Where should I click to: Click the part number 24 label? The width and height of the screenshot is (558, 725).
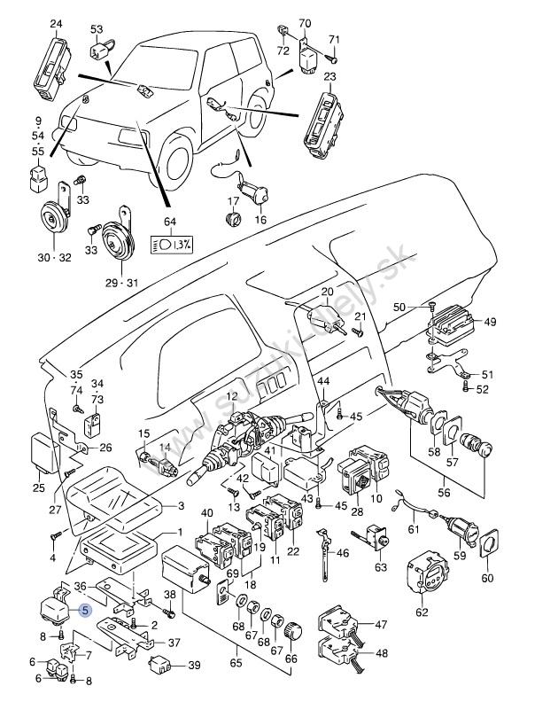(x=57, y=23)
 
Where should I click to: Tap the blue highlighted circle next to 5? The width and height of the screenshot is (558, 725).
(x=85, y=610)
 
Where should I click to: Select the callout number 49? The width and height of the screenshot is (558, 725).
(x=490, y=322)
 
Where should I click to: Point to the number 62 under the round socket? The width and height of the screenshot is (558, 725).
(x=422, y=612)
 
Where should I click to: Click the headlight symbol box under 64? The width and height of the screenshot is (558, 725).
(x=172, y=243)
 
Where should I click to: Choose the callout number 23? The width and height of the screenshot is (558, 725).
(x=329, y=78)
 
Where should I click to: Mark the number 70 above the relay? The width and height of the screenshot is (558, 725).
(x=305, y=23)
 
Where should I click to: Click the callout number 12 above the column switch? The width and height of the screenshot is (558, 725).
(x=232, y=396)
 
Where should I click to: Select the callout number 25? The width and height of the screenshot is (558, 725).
(x=39, y=488)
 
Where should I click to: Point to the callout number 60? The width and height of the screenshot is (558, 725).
(x=487, y=579)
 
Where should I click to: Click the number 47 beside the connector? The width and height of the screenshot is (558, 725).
(x=381, y=625)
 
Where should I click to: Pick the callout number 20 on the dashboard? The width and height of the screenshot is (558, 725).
(x=327, y=292)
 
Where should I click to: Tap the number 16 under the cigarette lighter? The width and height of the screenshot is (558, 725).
(x=260, y=220)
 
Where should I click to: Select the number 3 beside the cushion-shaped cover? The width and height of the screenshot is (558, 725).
(x=181, y=506)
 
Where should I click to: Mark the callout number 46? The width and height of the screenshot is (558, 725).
(x=342, y=554)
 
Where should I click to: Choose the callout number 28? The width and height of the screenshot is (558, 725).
(x=357, y=512)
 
